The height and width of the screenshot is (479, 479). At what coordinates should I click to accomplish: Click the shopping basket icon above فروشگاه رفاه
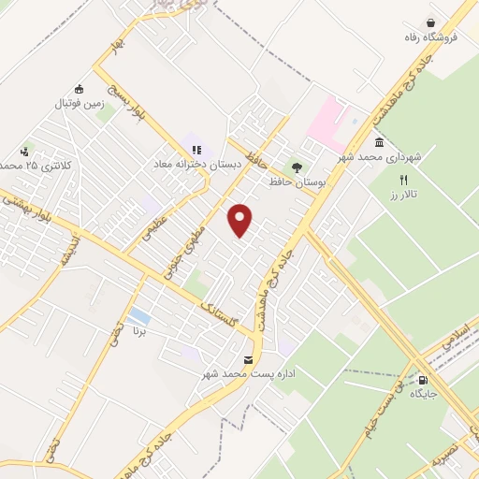click(x=430, y=22)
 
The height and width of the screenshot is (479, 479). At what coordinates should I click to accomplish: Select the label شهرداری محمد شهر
click(x=383, y=158)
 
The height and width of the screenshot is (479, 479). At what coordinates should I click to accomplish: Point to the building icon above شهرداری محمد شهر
click(x=379, y=142)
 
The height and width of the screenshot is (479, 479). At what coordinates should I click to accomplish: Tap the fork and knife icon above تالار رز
click(x=404, y=180)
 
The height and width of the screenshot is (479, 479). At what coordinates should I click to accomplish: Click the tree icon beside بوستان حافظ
click(x=297, y=167)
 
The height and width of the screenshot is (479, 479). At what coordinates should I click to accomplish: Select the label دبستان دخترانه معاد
click(x=197, y=164)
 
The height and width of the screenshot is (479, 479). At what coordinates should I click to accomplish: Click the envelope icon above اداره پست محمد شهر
click(x=248, y=359)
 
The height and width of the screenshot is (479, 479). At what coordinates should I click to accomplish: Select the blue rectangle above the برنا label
click(x=139, y=315)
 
